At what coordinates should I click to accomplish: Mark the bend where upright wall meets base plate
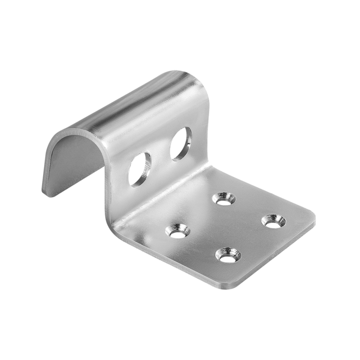pos(154,206)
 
